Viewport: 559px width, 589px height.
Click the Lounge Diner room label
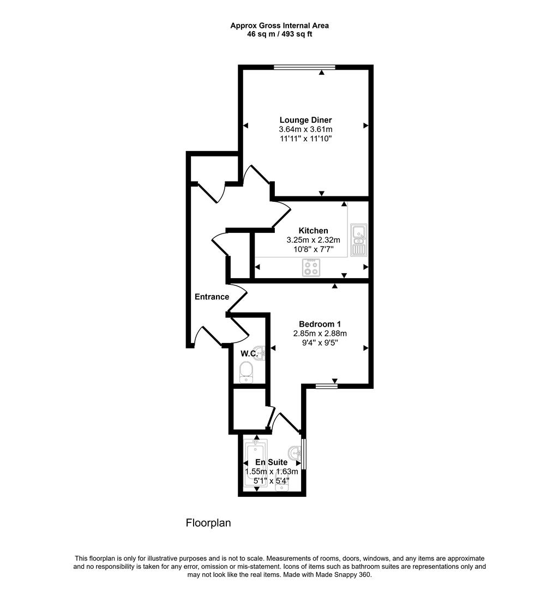pos(305,120)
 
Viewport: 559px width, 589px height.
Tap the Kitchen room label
pos(313,231)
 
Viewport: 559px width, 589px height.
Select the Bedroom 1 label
pos(320,324)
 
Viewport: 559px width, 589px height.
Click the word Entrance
pos(212,297)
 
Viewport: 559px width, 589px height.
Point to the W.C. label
pos(249,353)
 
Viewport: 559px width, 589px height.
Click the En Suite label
pos(272,462)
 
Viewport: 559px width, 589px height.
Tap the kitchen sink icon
pos(359,240)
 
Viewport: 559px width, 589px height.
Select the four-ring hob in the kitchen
pos(311,267)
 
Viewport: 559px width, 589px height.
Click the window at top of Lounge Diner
pos(304,67)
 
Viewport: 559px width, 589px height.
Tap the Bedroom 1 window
pos(326,386)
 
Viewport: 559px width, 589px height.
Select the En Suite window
pos(304,453)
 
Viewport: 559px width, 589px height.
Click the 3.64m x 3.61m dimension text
pos(305,129)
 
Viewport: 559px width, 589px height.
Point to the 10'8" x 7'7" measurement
pos(313,249)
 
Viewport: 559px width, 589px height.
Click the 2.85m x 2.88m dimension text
pos(320,333)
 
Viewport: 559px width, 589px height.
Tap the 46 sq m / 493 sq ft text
pos(279,34)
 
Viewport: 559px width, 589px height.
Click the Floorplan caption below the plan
pos(208,523)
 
